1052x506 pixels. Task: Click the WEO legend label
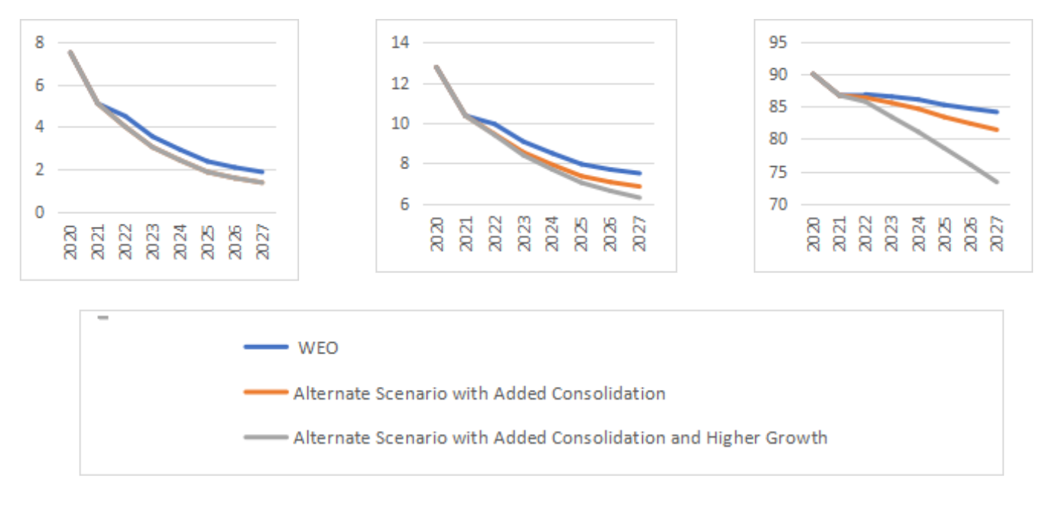[318, 348]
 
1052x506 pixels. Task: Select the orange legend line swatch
[266, 393]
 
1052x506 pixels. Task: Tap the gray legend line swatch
[266, 438]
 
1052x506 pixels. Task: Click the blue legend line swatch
[266, 347]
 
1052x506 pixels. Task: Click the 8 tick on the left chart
[39, 42]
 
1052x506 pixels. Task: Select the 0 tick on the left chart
[39, 212]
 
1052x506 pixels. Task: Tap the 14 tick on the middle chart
[399, 42]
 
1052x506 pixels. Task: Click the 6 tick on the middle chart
[404, 204]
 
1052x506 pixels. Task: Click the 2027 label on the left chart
[263, 242]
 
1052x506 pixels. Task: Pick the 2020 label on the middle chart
[436, 234]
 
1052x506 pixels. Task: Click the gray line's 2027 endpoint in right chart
[997, 182]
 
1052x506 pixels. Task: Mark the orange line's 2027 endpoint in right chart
[997, 130]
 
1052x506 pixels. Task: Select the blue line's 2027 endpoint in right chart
[997, 112]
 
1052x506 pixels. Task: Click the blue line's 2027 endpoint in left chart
[263, 172]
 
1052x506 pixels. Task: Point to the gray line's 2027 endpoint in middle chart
[640, 198]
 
